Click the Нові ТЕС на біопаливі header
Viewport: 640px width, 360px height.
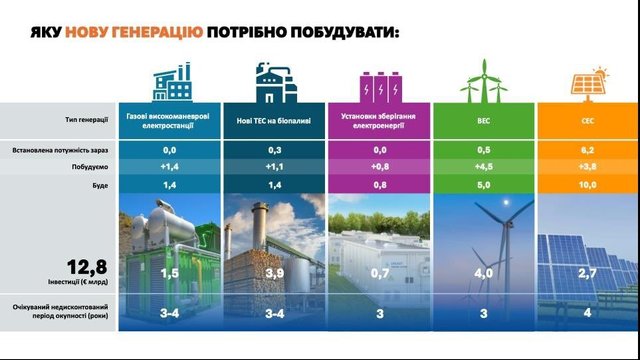point(274,122)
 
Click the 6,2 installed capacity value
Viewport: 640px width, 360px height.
point(588,150)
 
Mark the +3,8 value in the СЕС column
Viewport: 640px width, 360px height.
point(588,168)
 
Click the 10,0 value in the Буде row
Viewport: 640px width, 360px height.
point(588,186)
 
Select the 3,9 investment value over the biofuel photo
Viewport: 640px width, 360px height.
point(274,273)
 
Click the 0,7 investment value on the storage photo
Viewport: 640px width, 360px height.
point(378,273)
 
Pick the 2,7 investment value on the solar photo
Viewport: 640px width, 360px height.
point(588,273)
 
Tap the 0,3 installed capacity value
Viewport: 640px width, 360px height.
point(274,150)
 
